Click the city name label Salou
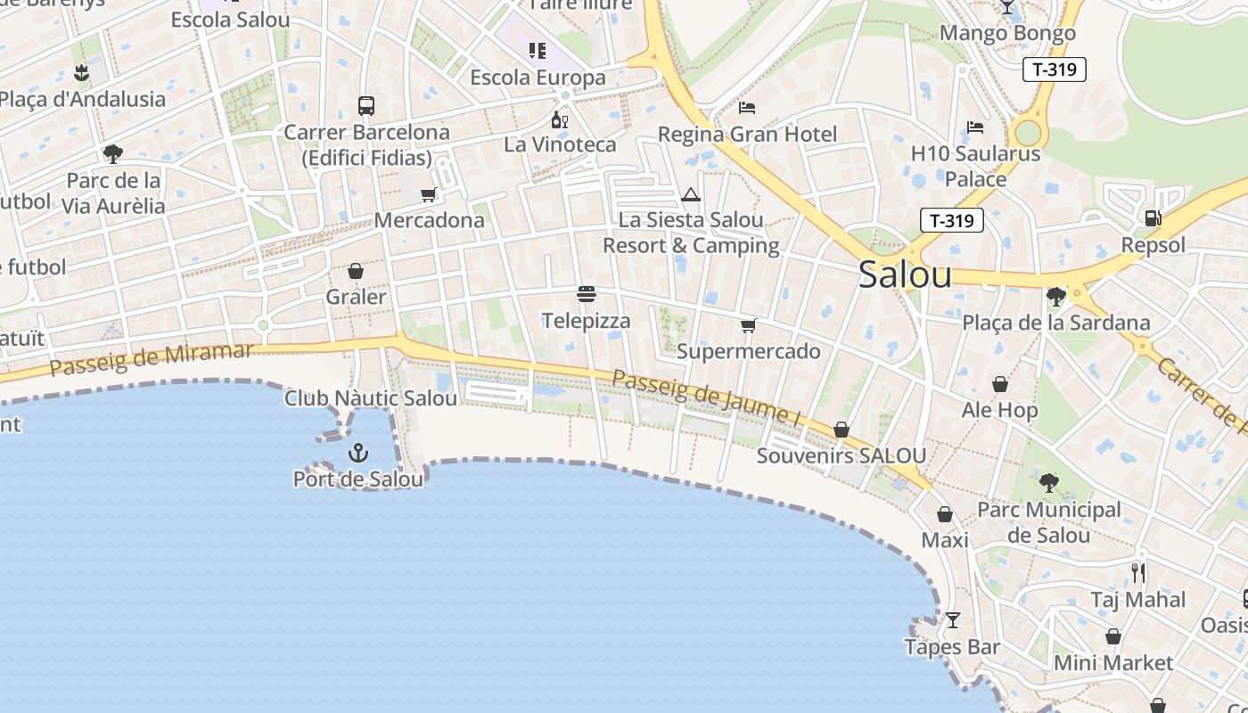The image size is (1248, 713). click(905, 275)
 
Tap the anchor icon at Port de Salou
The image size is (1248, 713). click(357, 453)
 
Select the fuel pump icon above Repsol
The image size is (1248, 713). click(1153, 217)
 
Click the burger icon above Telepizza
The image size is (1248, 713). click(586, 293)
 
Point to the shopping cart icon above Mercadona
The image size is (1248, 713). click(429, 194)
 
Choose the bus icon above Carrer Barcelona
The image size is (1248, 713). click(365, 105)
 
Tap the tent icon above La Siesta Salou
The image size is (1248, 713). click(691, 194)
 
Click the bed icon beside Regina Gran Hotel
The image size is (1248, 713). click(747, 108)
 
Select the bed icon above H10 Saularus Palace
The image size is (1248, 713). click(975, 127)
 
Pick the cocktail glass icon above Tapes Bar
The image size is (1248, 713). click(953, 619)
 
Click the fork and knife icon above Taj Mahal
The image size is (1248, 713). click(1138, 571)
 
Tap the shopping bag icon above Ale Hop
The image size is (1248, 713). click(1000, 384)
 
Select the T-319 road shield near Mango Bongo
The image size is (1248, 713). click(1054, 70)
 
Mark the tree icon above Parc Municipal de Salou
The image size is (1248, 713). click(1049, 483)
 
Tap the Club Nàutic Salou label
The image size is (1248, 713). click(371, 397)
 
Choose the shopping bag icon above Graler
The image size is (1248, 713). click(356, 271)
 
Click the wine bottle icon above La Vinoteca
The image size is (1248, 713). click(559, 119)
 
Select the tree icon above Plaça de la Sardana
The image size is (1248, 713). click(1056, 296)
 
